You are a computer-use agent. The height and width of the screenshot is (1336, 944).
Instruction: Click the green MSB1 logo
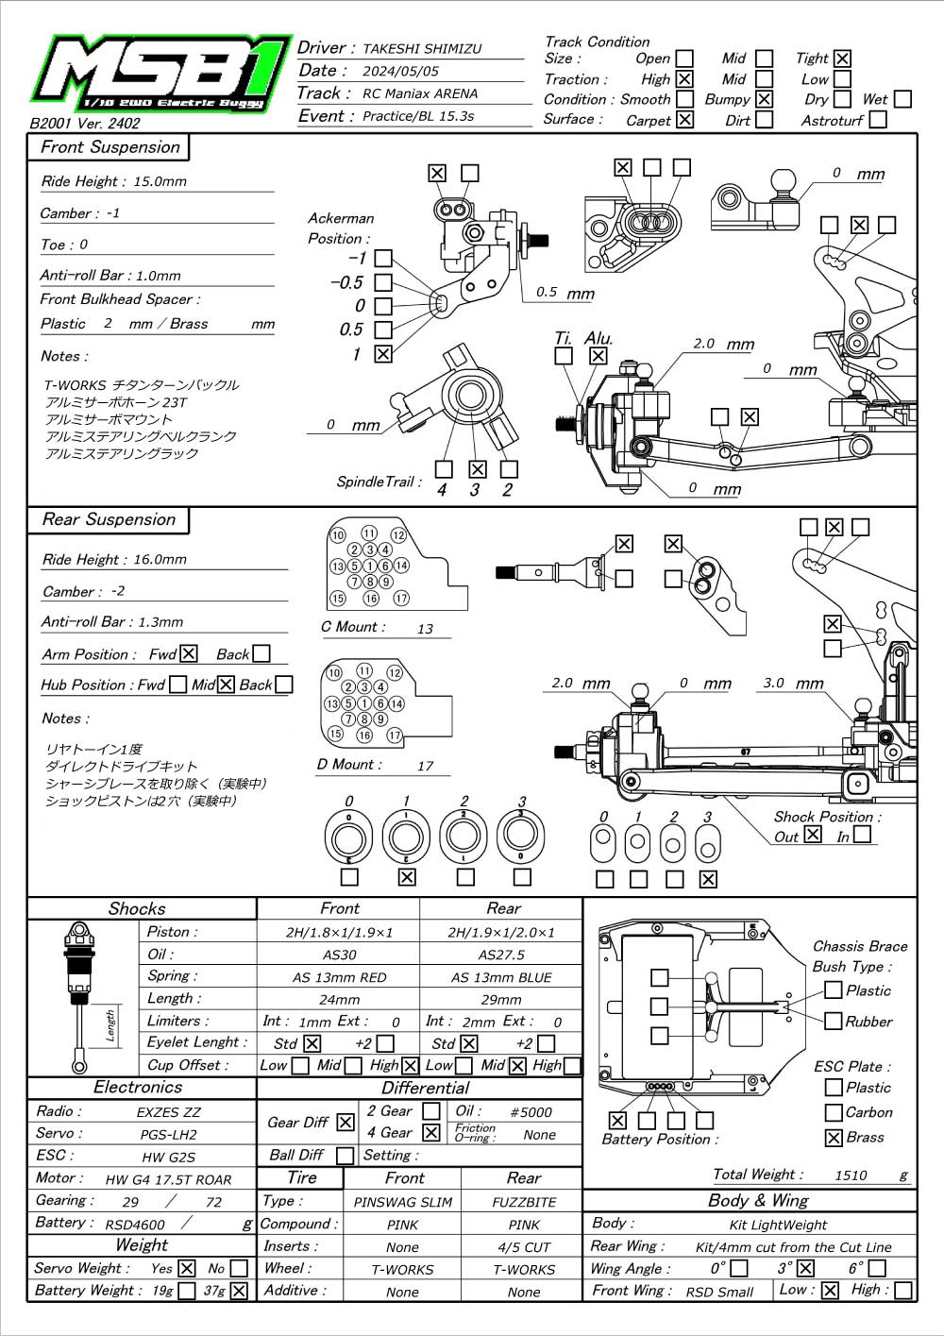(x=161, y=74)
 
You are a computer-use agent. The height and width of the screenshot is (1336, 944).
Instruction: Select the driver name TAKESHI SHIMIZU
(x=422, y=49)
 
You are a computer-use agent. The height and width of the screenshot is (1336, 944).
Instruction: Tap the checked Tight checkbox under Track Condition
(x=842, y=59)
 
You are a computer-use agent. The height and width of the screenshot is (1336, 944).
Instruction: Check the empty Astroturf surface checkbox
(x=878, y=119)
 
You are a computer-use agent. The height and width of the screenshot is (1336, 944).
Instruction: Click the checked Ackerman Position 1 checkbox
(x=383, y=354)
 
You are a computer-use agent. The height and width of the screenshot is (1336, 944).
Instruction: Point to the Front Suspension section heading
(x=110, y=146)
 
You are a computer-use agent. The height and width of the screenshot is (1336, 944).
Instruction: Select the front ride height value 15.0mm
(x=160, y=181)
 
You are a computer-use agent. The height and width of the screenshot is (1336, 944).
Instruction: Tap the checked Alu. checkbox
(x=598, y=355)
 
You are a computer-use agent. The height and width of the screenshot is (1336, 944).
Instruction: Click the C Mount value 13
(x=425, y=629)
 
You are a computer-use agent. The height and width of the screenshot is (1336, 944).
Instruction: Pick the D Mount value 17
(x=425, y=766)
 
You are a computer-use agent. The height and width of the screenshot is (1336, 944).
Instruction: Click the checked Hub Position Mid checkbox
(x=226, y=685)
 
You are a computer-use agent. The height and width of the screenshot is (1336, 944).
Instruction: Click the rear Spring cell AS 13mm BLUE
(x=501, y=977)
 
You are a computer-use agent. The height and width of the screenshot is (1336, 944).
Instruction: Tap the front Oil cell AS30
(x=339, y=955)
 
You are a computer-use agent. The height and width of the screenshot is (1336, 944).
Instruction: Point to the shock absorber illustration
(x=78, y=997)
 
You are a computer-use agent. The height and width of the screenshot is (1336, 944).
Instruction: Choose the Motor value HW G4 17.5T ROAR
(x=168, y=1179)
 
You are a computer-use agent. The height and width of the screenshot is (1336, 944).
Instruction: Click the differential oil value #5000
(x=531, y=1111)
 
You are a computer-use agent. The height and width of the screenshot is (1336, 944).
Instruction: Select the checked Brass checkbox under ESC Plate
(x=834, y=1138)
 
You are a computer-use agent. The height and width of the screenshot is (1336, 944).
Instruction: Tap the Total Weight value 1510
(x=851, y=1175)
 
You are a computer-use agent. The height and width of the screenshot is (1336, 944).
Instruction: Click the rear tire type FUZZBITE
(x=524, y=1203)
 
